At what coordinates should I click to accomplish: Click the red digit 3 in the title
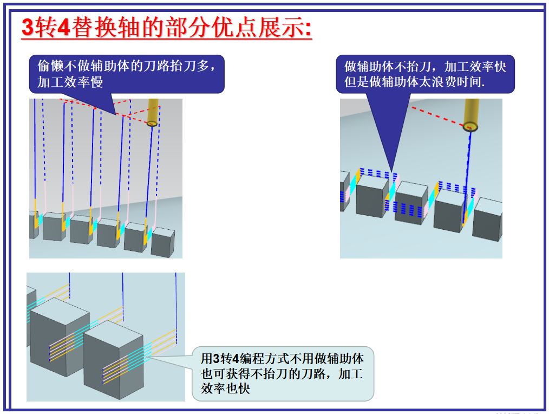(28, 28)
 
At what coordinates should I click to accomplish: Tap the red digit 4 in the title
(63, 28)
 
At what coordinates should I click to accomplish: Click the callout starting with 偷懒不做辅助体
(126, 74)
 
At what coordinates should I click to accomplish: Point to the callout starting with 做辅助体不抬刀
(425, 74)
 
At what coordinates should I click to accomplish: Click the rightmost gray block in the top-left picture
(162, 242)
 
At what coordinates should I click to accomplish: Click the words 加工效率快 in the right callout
(475, 67)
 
